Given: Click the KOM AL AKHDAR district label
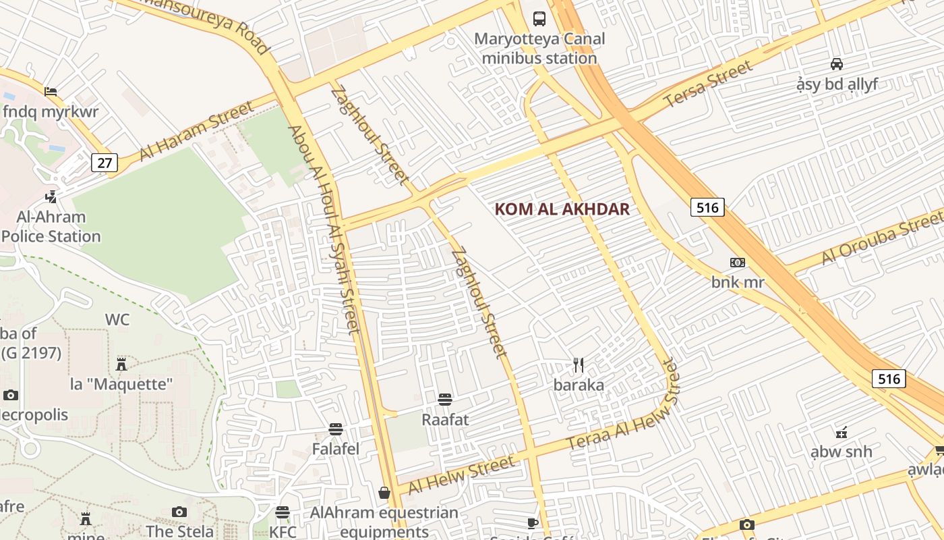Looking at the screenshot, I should pos(562,209).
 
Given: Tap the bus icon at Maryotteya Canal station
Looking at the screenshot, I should pos(539,18).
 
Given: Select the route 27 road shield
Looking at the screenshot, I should pos(105,163).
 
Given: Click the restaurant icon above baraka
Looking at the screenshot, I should pos(579,365).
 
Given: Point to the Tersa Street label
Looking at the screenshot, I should pos(707,84).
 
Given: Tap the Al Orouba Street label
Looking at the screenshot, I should pos(882,239).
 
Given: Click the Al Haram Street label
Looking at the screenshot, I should pos(197,132).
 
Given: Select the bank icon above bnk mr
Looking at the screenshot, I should pos(738,263).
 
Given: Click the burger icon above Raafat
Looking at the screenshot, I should pos(444,400).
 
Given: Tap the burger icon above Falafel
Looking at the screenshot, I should pos(336,429).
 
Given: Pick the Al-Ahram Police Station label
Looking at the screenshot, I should pos(51,227).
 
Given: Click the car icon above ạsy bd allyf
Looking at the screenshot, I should pos(837,64).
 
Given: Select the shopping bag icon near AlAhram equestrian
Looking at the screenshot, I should pos(384,493).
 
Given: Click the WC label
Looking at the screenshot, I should pos(117,320).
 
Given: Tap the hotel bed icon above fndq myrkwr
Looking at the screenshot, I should pos(51,92).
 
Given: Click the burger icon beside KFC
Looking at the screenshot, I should pos(283,512).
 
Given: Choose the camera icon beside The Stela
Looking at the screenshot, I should pos(179,512).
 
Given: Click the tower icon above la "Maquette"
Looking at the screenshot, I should pos(121,364).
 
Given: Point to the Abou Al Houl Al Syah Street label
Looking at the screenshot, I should pos(324,230).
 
